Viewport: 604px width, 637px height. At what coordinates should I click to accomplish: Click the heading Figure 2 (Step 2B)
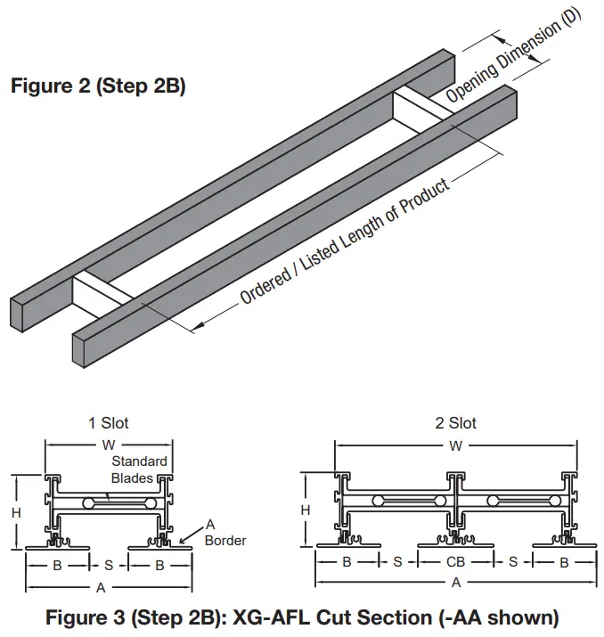point(97,87)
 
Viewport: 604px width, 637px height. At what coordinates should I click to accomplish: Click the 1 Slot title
point(108,423)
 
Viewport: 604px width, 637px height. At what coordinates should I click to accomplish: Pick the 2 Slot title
point(455,423)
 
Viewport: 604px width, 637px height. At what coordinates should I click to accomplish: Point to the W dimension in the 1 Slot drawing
point(108,442)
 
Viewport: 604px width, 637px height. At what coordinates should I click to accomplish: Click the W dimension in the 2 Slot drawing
point(455,446)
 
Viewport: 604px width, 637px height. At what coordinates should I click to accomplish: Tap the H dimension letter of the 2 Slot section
point(306,510)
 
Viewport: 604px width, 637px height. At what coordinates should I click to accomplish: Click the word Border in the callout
point(225,540)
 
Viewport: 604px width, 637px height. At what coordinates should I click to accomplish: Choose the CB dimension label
point(455,563)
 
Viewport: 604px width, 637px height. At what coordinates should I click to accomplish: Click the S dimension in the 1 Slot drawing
point(109,565)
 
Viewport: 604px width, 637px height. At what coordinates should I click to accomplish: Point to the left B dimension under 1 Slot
point(58,565)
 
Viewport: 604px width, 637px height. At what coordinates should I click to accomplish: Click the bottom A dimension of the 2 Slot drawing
point(456,583)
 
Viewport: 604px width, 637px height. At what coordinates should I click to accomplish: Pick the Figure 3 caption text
point(303,617)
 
